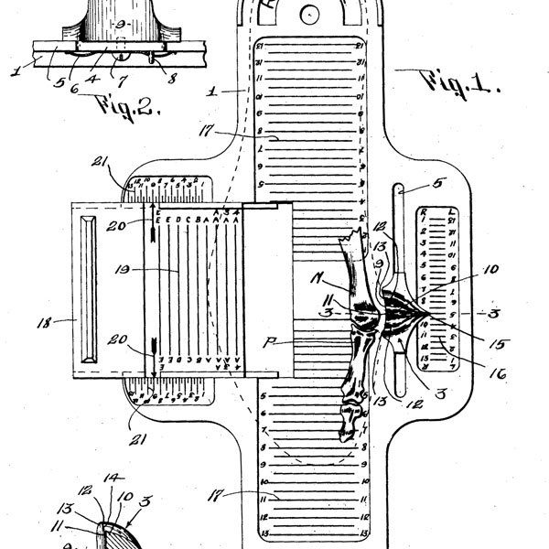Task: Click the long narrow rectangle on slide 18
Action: point(90,290)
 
